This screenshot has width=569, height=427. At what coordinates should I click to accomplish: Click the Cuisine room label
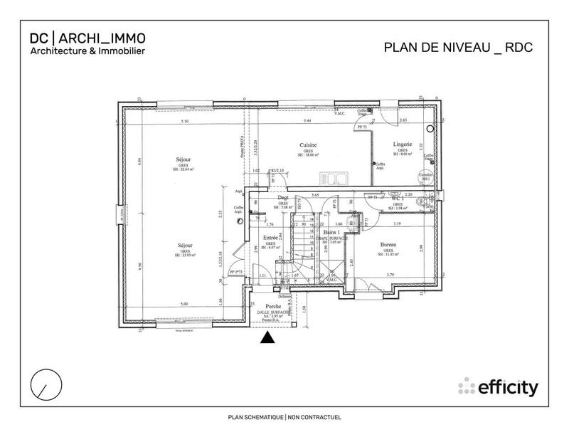[307, 144]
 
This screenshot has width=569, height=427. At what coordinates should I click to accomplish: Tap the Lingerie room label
[403, 144]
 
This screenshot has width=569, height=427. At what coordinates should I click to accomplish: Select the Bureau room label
[388, 245]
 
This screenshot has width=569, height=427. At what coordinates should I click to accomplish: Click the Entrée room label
[270, 238]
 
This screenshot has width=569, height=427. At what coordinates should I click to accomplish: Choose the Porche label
[273, 306]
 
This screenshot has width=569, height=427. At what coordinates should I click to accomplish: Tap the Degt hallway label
[282, 199]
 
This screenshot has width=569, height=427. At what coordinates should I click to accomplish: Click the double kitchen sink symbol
[333, 176]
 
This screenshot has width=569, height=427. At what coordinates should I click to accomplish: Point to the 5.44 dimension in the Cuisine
[308, 122]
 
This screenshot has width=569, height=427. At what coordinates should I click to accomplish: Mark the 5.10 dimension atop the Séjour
[184, 122]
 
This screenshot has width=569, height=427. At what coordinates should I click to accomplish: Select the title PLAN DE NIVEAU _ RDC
[458, 48]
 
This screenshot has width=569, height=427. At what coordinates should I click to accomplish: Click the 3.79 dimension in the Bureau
[390, 274]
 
